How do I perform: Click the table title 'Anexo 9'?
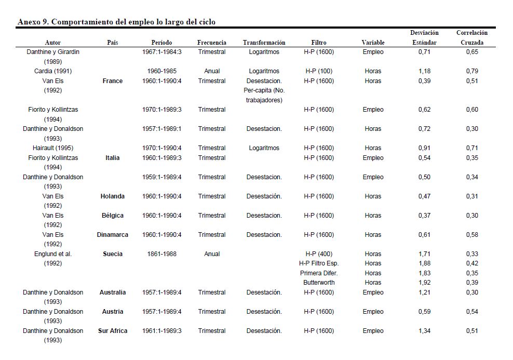coord(116,22)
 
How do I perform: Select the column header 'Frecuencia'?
coord(212,43)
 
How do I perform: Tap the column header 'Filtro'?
coord(319,43)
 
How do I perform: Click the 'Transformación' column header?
coord(264,43)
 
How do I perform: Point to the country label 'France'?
coord(113,81)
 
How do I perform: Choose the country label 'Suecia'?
coord(113,254)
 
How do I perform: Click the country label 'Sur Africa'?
coord(113,331)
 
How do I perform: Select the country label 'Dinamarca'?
coord(113,235)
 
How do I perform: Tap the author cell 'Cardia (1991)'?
coord(53,71)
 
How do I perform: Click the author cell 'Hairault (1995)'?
coord(53,148)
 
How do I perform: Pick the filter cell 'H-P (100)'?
coord(319,71)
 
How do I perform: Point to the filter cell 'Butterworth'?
coord(319,283)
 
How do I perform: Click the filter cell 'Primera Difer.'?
coord(319,273)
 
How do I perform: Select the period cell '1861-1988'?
coord(162,254)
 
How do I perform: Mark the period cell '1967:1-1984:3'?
coord(162,52)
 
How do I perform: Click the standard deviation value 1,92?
coord(424,283)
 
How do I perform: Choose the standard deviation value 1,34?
coord(424,331)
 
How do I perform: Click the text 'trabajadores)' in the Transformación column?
coord(264,100)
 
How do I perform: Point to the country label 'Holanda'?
coord(113,196)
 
